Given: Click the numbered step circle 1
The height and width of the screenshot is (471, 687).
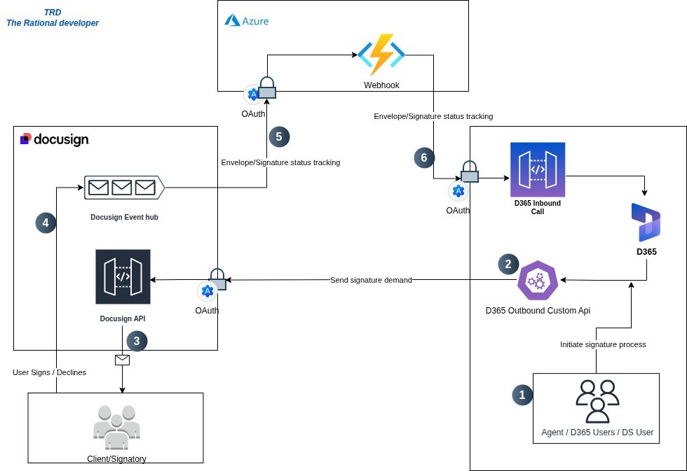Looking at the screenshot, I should point(522,395).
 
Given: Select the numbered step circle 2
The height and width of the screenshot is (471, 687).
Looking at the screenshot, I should point(508,264).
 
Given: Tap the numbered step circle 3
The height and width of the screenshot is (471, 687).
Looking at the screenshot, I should point(137,341).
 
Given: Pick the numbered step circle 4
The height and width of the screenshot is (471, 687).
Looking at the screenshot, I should point(46,223).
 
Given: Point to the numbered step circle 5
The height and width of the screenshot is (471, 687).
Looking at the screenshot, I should point(278,136).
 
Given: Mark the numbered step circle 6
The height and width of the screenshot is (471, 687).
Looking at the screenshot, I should point(423,157).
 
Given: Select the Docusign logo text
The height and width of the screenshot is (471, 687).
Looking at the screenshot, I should point(55,139).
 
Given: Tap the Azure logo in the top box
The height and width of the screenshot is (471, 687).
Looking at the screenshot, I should point(246,20).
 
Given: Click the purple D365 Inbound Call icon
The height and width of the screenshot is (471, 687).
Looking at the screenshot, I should point(538,169).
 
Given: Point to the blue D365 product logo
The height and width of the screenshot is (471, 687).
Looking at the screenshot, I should point(646,222).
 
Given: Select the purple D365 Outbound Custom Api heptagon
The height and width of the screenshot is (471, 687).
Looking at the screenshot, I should point(538,281).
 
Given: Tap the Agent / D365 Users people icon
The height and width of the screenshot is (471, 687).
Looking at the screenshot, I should point(597,401).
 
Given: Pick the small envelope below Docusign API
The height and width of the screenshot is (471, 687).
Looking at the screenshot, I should point(123,360).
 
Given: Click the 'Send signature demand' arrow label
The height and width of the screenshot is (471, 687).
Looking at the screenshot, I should point(371,280).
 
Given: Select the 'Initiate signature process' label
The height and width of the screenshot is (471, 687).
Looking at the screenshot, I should point(603,344).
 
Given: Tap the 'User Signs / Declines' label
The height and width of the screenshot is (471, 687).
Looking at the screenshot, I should point(49,372).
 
